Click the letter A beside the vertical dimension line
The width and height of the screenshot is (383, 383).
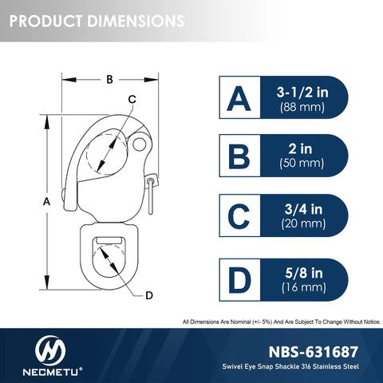[46, 202]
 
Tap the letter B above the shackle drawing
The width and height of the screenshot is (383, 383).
[109, 79]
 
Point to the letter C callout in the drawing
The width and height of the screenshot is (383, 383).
[132, 99]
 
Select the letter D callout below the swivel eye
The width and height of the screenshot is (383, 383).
[149, 295]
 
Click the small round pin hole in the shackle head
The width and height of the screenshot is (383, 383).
[140, 144]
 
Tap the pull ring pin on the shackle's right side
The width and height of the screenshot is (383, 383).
[151, 196]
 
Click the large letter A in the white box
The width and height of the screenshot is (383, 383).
[239, 98]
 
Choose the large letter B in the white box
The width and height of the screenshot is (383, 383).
[239, 156]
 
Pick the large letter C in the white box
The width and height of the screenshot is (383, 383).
[239, 216]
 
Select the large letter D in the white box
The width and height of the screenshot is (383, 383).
[239, 280]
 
